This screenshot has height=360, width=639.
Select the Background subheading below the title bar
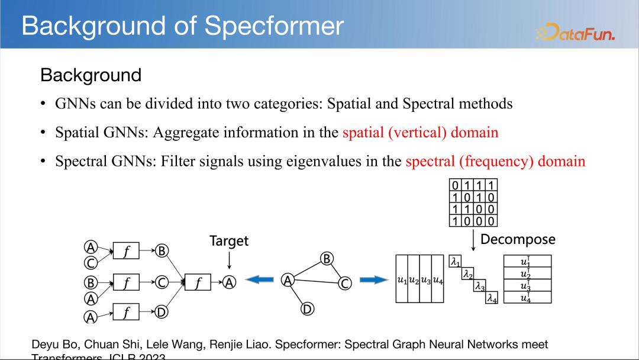click(x=91, y=75)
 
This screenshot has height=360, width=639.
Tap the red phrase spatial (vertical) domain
click(x=420, y=132)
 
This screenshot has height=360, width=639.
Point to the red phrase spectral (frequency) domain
click(x=495, y=161)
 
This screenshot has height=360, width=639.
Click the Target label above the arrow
click(x=229, y=241)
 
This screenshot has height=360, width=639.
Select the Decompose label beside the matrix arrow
click(x=518, y=239)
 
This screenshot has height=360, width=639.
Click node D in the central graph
click(x=306, y=308)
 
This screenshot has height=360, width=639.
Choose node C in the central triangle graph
click(x=345, y=284)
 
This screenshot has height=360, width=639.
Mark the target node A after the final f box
click(x=230, y=283)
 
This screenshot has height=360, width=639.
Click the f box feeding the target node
click(x=198, y=283)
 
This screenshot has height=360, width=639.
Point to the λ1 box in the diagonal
click(x=455, y=261)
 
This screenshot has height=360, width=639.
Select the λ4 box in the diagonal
click(x=492, y=298)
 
